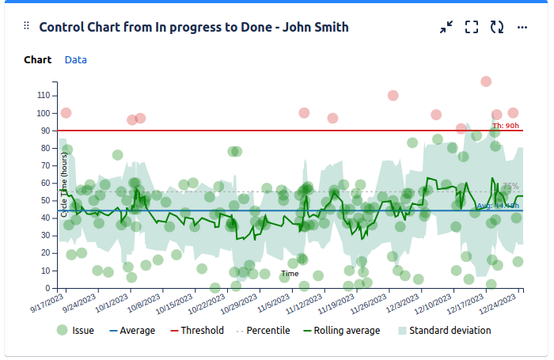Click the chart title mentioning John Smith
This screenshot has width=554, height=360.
pyautogui.click(x=194, y=27)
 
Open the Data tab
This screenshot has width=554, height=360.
pyautogui.click(x=76, y=60)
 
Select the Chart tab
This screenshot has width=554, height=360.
pyautogui.click(x=38, y=60)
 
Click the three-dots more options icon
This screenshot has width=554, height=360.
pyautogui.click(x=522, y=27)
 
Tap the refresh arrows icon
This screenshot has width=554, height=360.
pyautogui.click(x=497, y=27)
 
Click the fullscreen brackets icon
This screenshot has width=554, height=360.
pyautogui.click(x=472, y=27)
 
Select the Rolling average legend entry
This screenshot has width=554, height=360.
pyautogui.click(x=338, y=331)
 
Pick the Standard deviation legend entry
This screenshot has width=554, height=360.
pyautogui.click(x=444, y=331)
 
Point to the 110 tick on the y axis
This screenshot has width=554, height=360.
pyautogui.click(x=44, y=95)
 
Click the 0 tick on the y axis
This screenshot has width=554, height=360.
pyautogui.click(x=49, y=288)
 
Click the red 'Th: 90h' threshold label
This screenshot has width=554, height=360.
pyautogui.click(x=506, y=125)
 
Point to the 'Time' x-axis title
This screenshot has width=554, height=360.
pyautogui.click(x=290, y=274)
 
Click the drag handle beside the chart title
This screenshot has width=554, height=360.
pyautogui.click(x=26, y=27)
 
